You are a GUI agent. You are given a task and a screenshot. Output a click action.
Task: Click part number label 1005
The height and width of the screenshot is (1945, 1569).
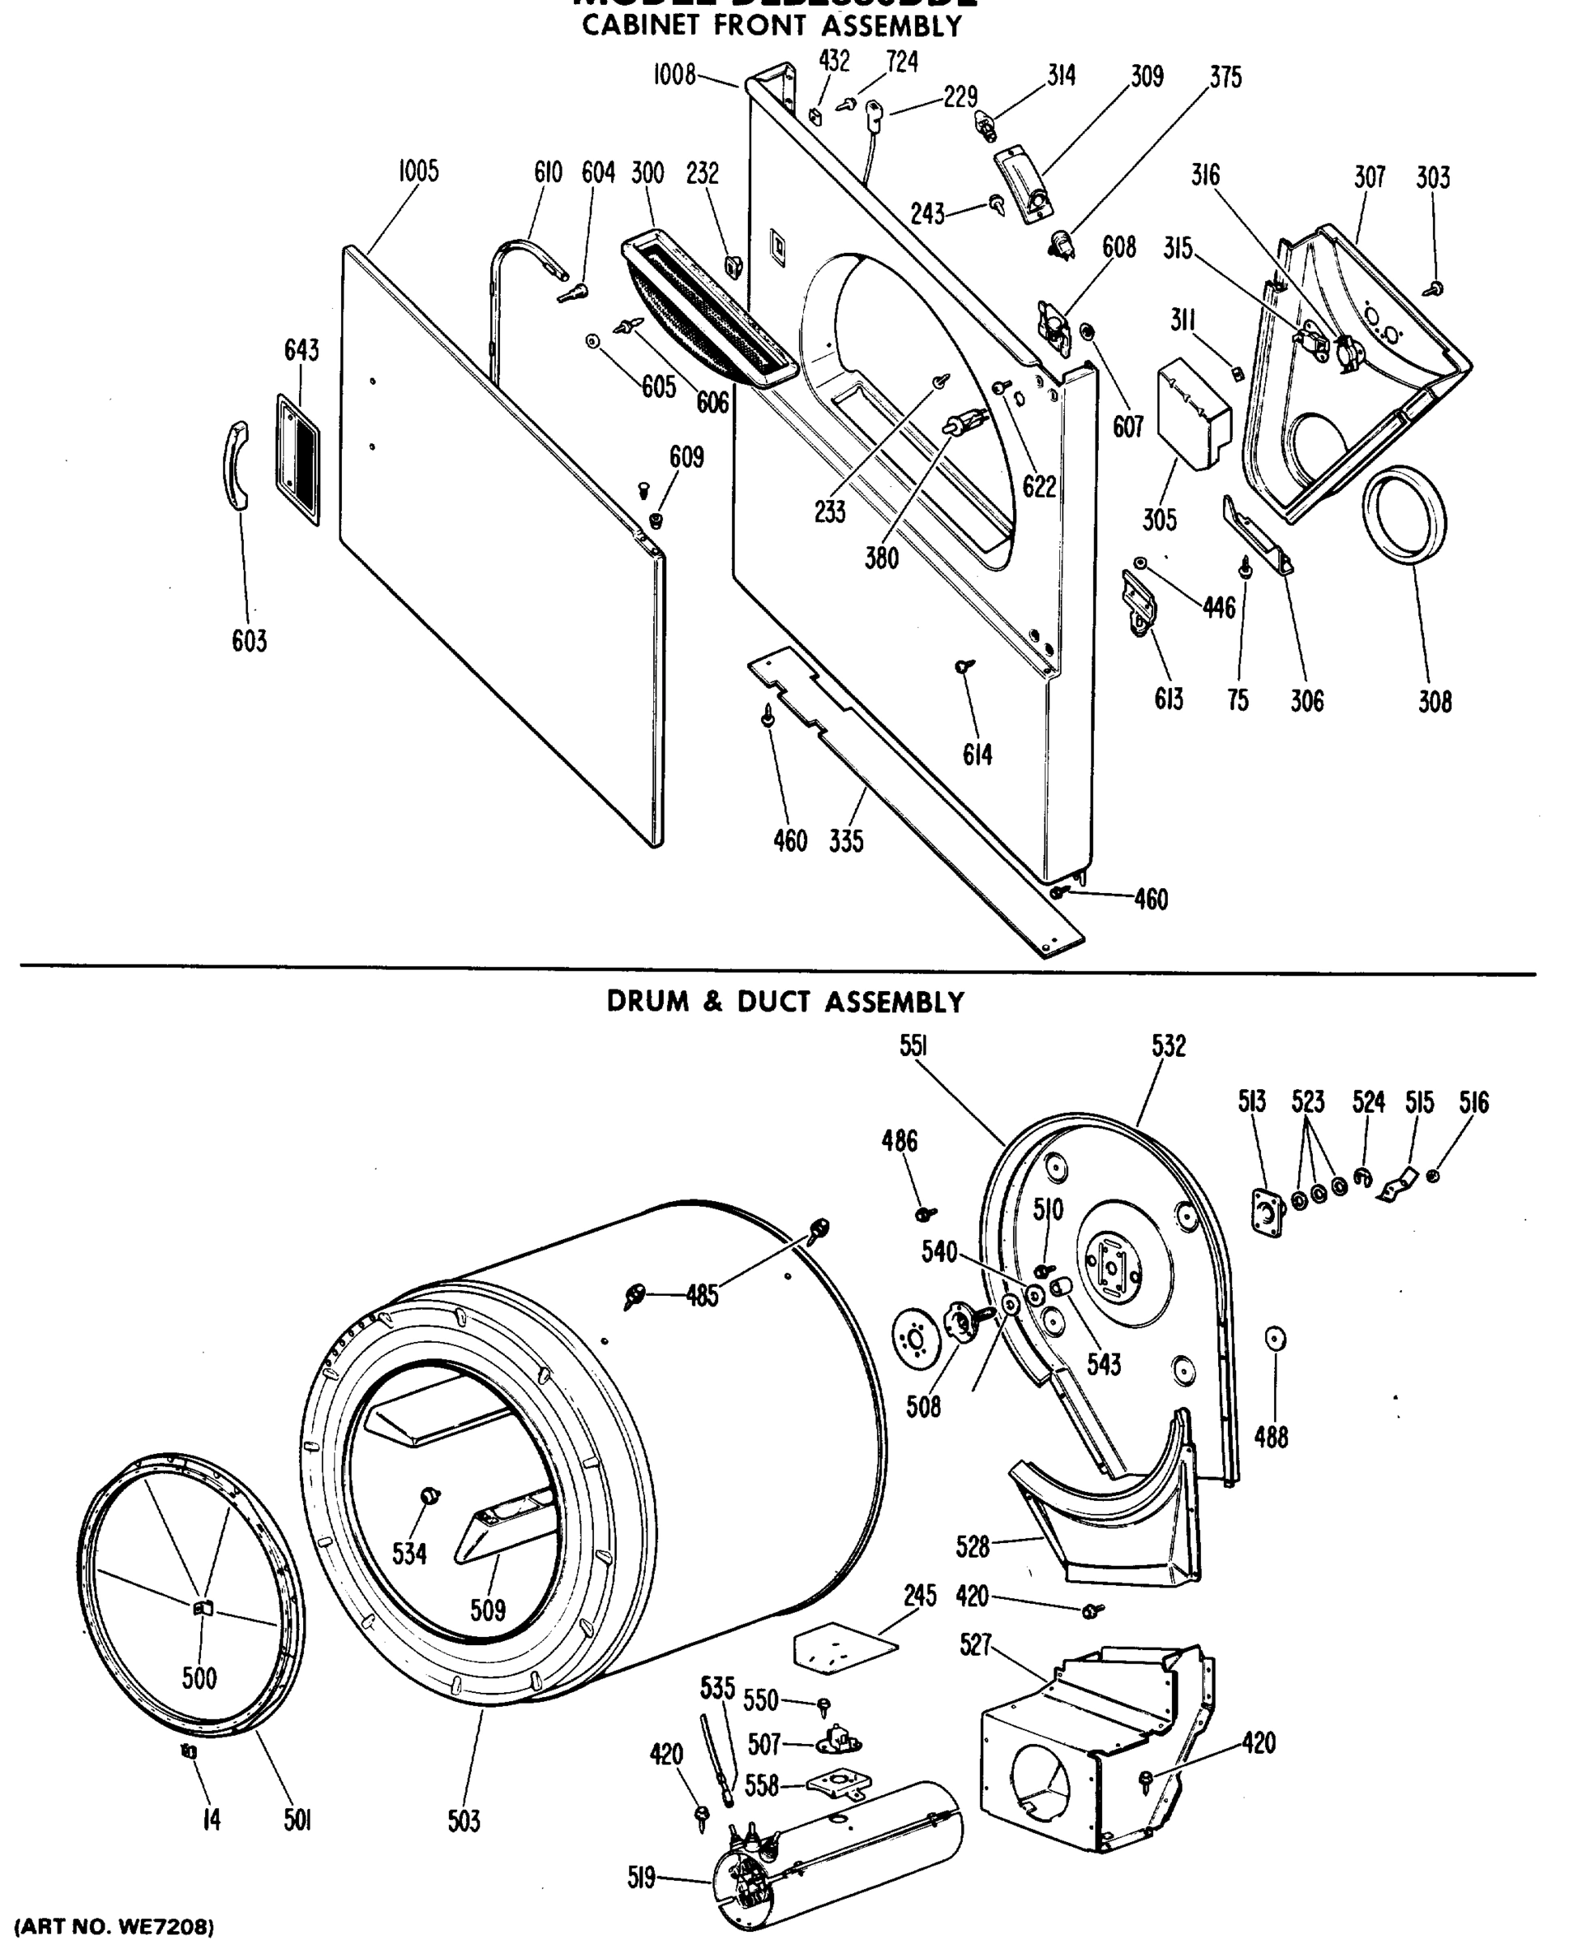click(418, 171)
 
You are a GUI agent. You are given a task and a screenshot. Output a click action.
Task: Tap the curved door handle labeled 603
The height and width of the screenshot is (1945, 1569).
click(236, 464)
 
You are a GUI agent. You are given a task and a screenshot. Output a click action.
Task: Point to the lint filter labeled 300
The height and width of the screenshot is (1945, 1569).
click(705, 312)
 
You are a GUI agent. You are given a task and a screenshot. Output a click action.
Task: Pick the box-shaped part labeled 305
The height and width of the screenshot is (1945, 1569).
click(1192, 411)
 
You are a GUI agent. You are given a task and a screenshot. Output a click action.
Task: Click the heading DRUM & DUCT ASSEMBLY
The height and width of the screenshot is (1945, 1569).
click(784, 1002)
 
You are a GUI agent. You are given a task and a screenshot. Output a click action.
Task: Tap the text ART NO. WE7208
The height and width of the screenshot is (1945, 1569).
click(115, 1927)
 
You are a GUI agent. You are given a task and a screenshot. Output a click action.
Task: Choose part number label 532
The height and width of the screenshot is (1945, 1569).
click(1168, 1046)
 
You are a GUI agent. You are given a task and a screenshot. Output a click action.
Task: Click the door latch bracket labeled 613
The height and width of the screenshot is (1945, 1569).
click(1138, 604)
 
